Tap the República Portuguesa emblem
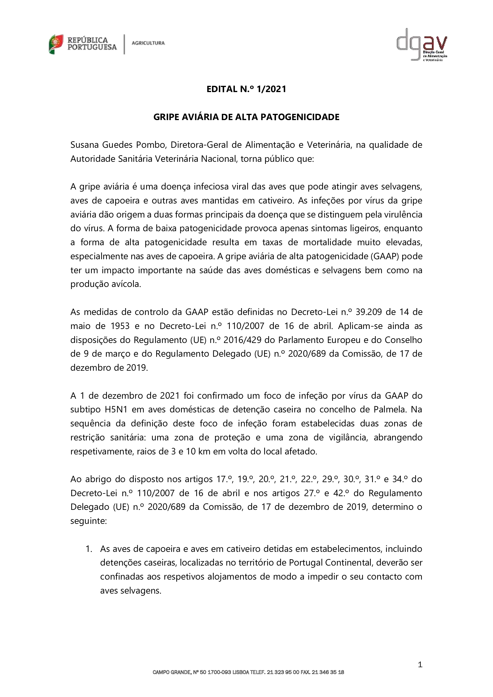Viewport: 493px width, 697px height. click(x=56, y=44)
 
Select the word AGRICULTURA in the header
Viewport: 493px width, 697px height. click(x=148, y=43)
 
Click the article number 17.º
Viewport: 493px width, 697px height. click(x=224, y=479)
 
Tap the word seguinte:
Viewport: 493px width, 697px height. click(x=88, y=521)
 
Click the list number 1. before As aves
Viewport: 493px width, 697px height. click(x=89, y=549)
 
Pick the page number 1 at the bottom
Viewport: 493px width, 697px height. click(x=420, y=665)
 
